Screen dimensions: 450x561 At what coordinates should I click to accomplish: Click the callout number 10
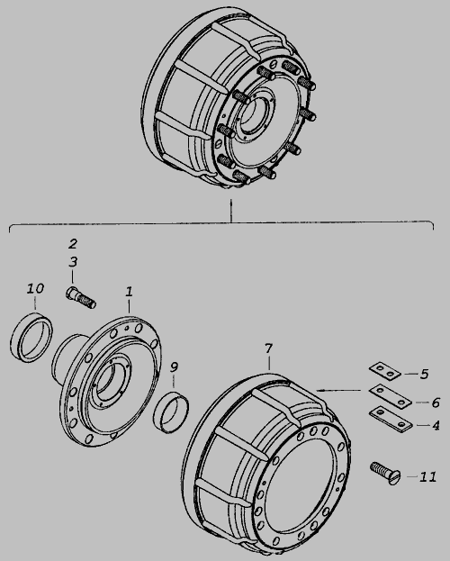pos(35,288)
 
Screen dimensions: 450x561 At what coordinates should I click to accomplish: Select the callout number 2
pos(73,244)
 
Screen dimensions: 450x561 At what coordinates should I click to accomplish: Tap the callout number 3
pos(73,262)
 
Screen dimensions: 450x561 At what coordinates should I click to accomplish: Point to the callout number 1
pos(129,291)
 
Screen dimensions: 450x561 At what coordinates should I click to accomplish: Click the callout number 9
pos(174,367)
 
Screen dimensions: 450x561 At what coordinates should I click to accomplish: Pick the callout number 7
pos(268,348)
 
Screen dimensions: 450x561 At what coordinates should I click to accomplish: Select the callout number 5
pos(424,374)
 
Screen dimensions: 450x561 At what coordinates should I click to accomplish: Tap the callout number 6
pos(436,403)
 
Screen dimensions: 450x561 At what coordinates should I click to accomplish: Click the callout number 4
pos(436,425)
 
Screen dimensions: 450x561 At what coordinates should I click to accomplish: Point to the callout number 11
pos(427,477)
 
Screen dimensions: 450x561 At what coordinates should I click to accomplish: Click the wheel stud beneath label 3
pos(81,298)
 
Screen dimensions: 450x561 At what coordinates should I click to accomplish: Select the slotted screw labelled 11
pos(385,473)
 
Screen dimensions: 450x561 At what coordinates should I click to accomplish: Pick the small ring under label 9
pos(172,412)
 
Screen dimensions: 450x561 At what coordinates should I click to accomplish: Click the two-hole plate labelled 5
pos(385,372)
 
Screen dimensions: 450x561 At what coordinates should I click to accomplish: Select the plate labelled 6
pos(391,396)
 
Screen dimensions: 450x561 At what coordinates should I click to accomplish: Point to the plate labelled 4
pos(391,419)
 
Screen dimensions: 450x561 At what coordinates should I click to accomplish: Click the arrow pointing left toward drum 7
pos(338,390)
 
